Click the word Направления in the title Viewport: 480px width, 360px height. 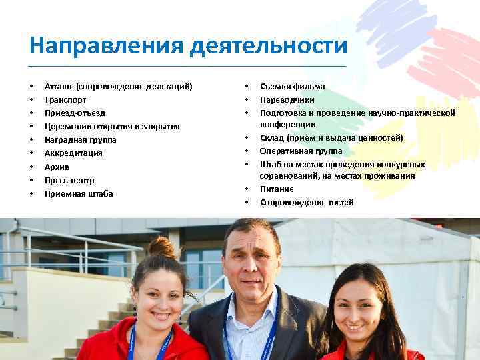click(x=106, y=47)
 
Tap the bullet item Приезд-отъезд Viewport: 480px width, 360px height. click(x=75, y=113)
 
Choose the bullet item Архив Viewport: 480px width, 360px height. click(x=57, y=167)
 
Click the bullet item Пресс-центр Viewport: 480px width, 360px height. click(x=69, y=180)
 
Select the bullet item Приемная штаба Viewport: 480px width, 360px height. click(x=79, y=194)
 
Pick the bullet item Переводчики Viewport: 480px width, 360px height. click(x=287, y=99)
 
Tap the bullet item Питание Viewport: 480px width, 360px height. click(x=277, y=189)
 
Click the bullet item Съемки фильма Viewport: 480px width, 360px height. click(x=293, y=86)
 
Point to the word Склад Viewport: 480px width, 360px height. click(x=271, y=138)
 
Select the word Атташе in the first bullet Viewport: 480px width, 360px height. click(x=59, y=86)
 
